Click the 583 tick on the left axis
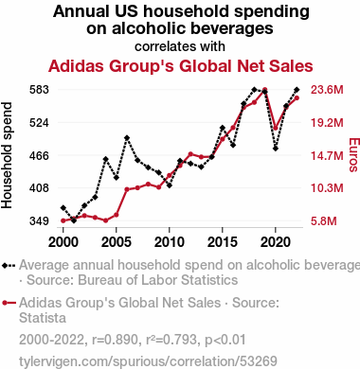click(x=39, y=90)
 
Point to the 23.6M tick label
click(x=327, y=90)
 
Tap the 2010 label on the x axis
click(x=170, y=242)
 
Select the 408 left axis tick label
click(x=39, y=188)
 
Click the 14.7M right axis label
click(x=327, y=155)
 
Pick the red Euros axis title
click(x=353, y=155)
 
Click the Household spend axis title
click(x=7, y=155)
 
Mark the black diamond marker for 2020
click(x=276, y=149)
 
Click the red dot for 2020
click(x=276, y=128)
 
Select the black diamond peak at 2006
click(x=127, y=138)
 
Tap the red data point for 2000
click(x=63, y=220)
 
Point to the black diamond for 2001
click(x=74, y=220)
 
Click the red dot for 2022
click(x=297, y=98)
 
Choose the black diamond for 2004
click(x=106, y=159)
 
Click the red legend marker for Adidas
click(x=9, y=303)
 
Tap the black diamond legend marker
click(x=9, y=266)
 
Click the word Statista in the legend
click(x=43, y=318)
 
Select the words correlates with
click(x=180, y=46)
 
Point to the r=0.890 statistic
click(x=115, y=340)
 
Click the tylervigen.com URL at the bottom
click(x=148, y=361)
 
